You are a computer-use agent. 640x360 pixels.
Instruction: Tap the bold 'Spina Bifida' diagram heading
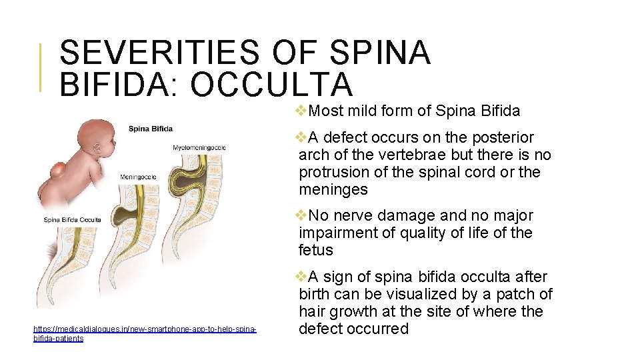pyautogui.click(x=150, y=129)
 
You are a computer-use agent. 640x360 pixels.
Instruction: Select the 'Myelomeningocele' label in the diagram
pyautogui.click(x=199, y=147)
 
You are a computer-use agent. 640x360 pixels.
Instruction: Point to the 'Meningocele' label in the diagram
pyautogui.click(x=138, y=177)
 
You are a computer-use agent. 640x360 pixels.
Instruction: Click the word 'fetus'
pyautogui.click(x=316, y=251)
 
